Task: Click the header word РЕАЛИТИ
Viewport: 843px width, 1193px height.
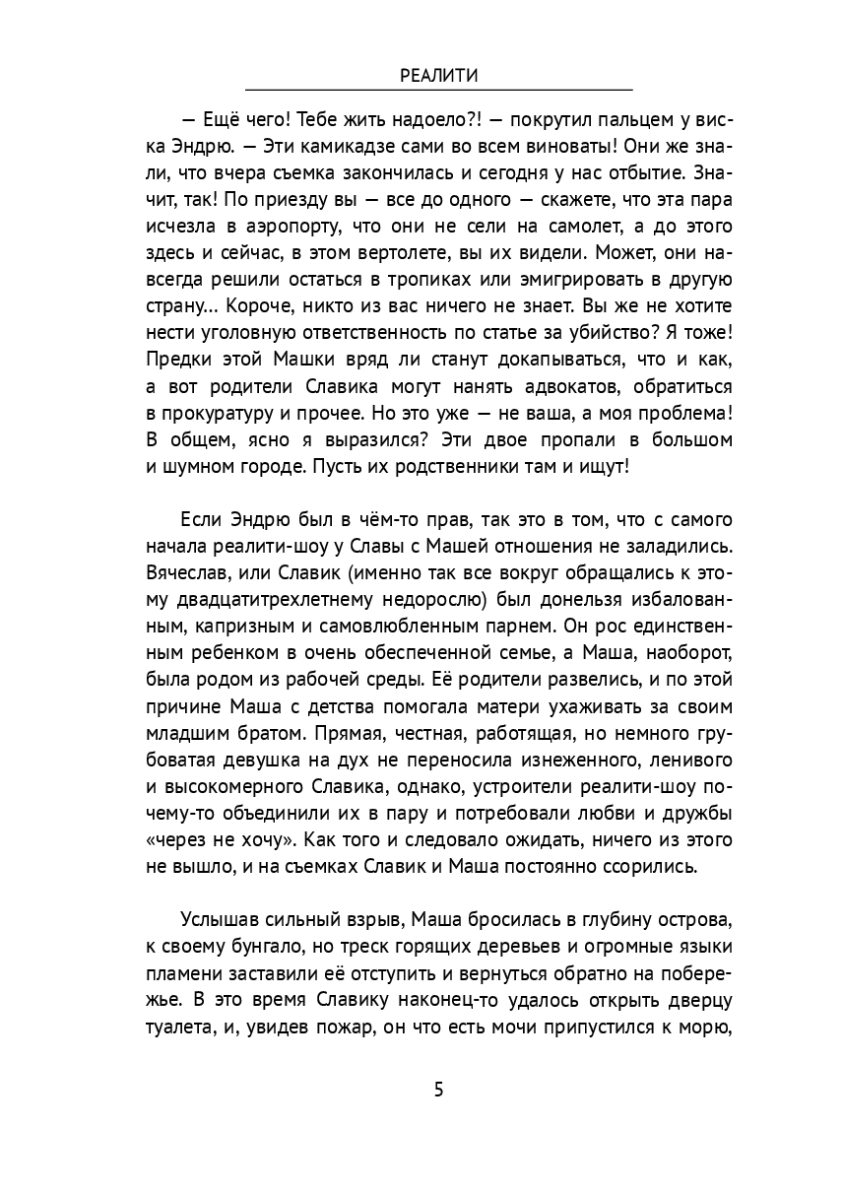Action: (x=439, y=75)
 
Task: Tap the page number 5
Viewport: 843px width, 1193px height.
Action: (x=438, y=1090)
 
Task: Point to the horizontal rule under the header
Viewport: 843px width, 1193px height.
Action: (x=439, y=89)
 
